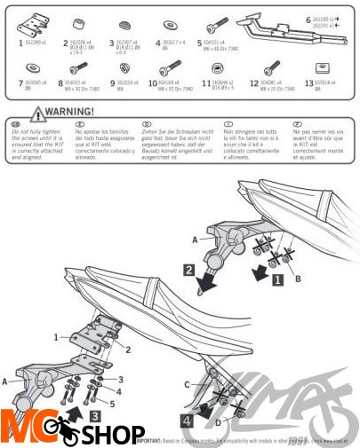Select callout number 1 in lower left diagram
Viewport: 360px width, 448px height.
[x=55, y=337]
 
